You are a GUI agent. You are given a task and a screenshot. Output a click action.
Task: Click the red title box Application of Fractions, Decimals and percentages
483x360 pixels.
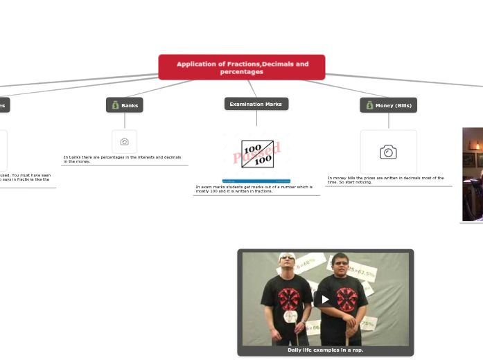[x=242, y=67]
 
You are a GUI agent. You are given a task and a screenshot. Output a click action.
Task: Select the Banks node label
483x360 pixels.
[x=129, y=105]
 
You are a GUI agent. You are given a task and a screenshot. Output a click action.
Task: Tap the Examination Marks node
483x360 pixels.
[x=256, y=104]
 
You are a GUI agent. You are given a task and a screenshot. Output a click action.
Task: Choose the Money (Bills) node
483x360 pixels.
[x=393, y=105]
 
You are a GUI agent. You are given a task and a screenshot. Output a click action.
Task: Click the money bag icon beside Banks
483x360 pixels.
[x=116, y=105]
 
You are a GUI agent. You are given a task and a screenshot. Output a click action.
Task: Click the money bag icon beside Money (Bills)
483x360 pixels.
[x=369, y=105]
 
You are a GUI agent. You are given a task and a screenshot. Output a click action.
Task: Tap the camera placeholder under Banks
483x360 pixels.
[x=125, y=141]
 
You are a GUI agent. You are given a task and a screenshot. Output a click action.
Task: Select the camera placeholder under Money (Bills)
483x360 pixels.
[x=388, y=152]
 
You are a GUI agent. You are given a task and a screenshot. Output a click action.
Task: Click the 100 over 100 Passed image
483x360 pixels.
[x=257, y=154]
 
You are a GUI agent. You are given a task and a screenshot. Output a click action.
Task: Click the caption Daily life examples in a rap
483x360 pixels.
[x=325, y=350]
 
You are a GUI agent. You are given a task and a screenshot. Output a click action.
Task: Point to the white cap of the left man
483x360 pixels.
[x=287, y=258]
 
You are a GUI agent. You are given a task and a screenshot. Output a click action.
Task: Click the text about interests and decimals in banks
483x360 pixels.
[x=123, y=159]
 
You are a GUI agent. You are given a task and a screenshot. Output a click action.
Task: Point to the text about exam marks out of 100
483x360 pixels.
[x=254, y=188]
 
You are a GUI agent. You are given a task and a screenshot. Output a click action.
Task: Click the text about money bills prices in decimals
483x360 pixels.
[x=386, y=180]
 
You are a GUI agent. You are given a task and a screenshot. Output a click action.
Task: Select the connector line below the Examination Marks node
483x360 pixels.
[x=256, y=118]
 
